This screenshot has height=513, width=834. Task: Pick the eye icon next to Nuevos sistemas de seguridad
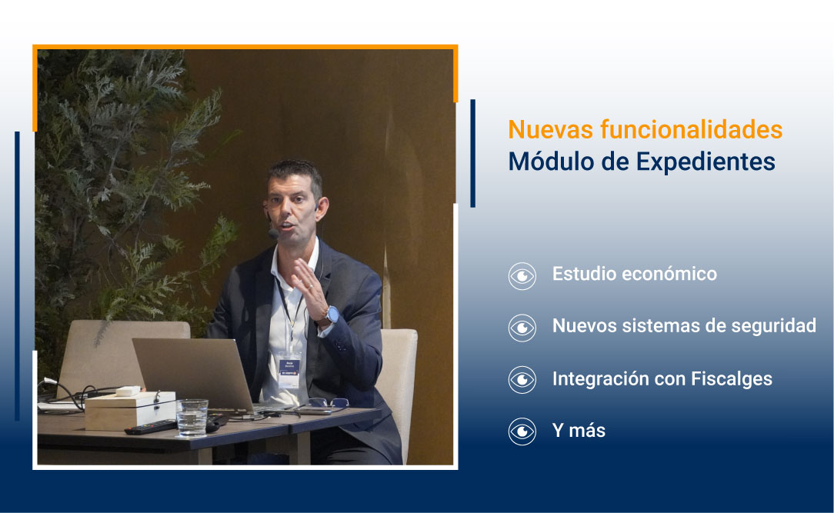(x=522, y=328)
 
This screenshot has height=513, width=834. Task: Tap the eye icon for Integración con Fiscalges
(x=522, y=380)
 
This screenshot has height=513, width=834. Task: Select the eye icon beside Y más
(x=522, y=431)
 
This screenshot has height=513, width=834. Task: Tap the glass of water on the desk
(x=192, y=417)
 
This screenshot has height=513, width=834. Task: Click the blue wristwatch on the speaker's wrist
(x=330, y=315)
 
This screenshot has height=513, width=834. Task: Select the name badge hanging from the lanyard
(x=292, y=368)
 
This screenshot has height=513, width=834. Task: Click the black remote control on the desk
(x=150, y=428)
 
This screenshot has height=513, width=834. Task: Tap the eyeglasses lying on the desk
(x=328, y=402)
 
